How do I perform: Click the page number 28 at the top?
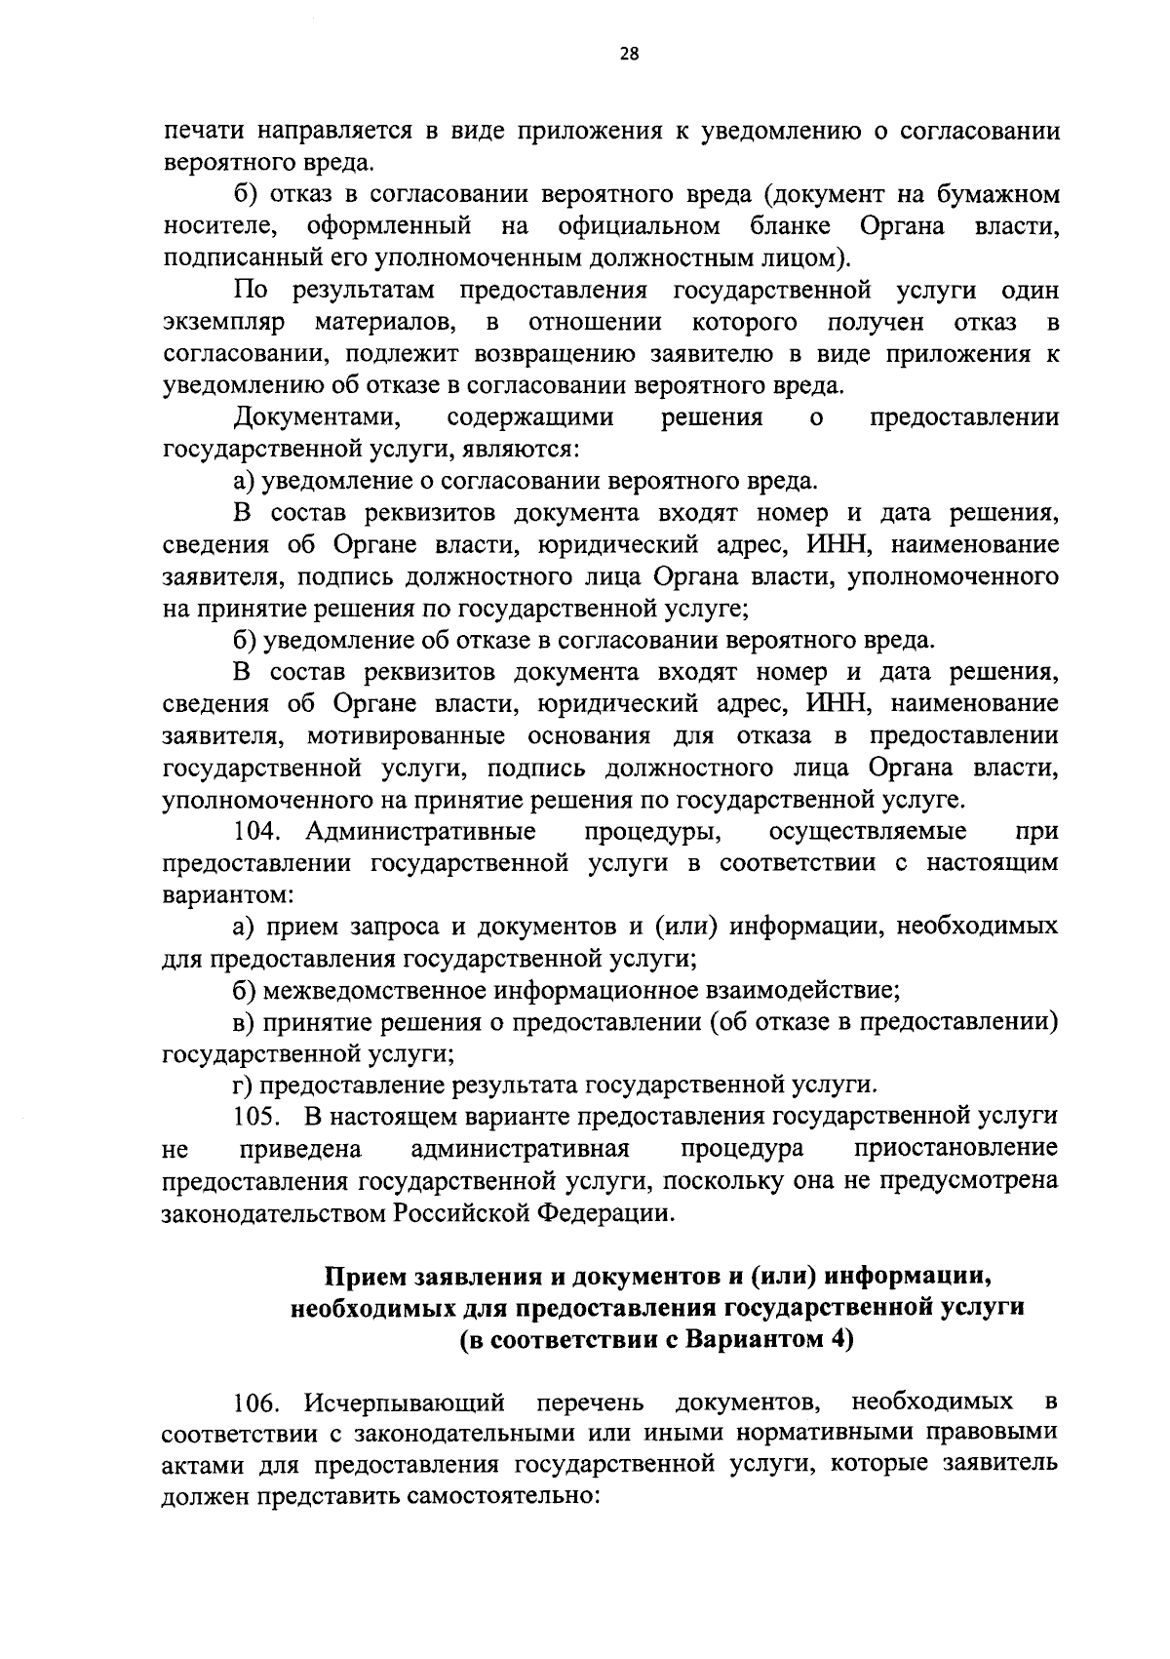pos(629,56)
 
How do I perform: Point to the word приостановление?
pos(955,1148)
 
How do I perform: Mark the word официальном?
pos(640,226)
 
